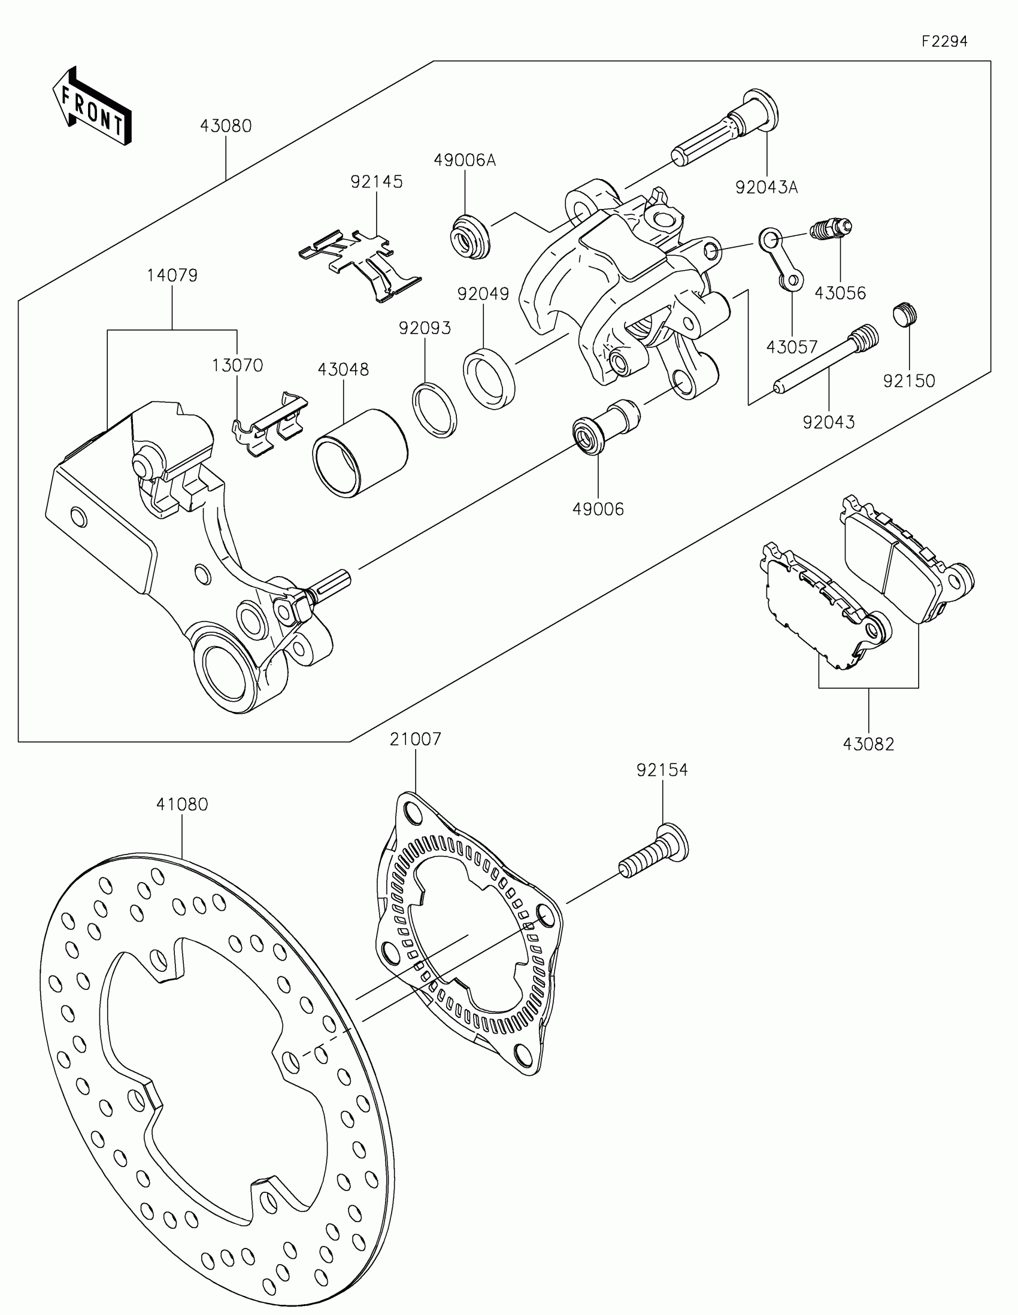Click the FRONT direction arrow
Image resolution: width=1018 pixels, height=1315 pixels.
tap(92, 107)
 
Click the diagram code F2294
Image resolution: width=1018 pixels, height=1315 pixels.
tap(944, 41)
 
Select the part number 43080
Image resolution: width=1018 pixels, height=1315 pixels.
tap(226, 126)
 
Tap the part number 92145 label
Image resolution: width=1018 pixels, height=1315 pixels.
tap(377, 181)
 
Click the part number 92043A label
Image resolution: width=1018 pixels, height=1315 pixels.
tap(766, 187)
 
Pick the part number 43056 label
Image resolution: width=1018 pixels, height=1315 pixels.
tap(840, 293)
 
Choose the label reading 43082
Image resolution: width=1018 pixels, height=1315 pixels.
tap(868, 744)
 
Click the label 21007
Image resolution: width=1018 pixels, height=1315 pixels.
tap(416, 739)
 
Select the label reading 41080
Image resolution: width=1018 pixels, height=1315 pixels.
tap(182, 804)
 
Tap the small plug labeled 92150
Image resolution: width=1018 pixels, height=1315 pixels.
tap(904, 314)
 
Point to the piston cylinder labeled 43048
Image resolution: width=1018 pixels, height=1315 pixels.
tap(359, 453)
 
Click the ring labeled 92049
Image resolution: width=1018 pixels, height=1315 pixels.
tap(489, 378)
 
